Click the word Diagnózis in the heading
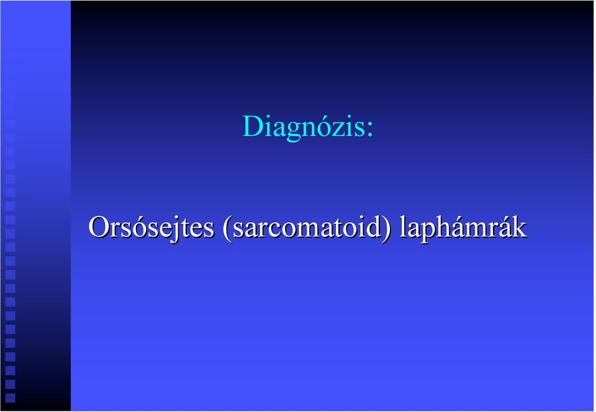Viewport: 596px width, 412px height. [x=303, y=127]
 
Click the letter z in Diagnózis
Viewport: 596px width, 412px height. [x=337, y=130]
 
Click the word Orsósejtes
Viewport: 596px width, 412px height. [x=151, y=228]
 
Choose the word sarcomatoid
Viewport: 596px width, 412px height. [x=307, y=228]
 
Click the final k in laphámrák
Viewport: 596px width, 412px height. [x=519, y=227]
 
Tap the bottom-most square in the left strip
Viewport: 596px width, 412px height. [x=11, y=398]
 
